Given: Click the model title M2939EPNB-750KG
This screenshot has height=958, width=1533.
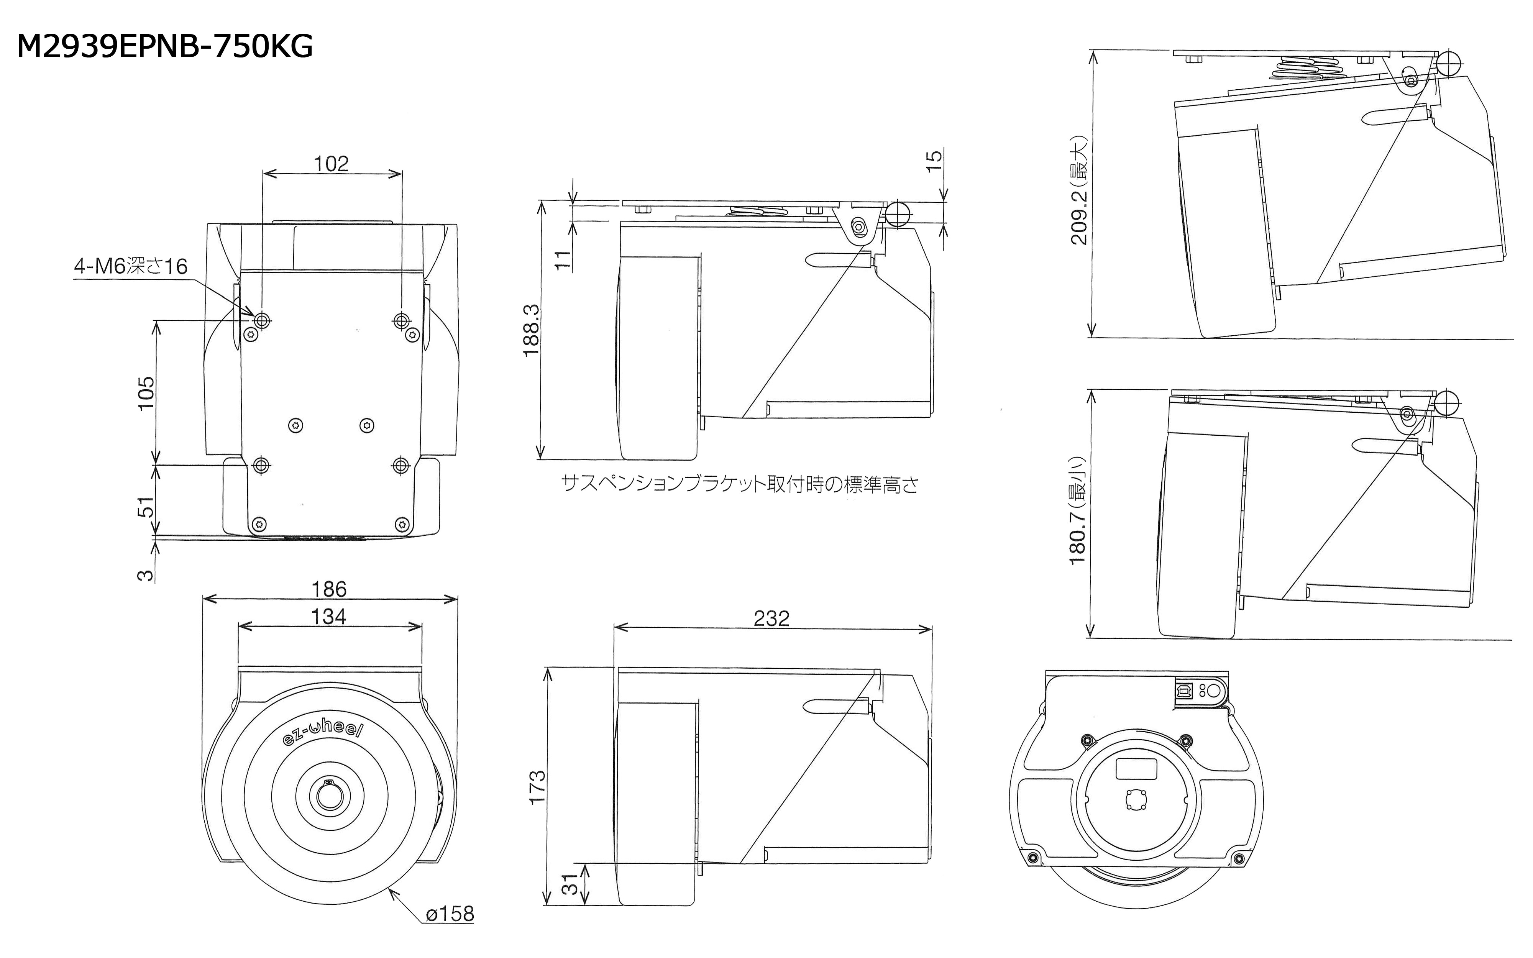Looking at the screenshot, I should point(165,47).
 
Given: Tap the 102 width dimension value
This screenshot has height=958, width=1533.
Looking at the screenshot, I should point(331,164).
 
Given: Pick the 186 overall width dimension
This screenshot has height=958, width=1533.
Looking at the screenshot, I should point(329,589).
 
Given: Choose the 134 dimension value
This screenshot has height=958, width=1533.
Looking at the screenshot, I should point(329,617).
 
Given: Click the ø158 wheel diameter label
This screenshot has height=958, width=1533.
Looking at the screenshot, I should point(450,914).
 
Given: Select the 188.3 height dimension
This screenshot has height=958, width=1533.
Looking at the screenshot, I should point(532,330).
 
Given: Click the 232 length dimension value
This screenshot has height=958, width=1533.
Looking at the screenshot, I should point(771,618).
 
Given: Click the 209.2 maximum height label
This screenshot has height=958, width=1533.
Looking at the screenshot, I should point(1079,190).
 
